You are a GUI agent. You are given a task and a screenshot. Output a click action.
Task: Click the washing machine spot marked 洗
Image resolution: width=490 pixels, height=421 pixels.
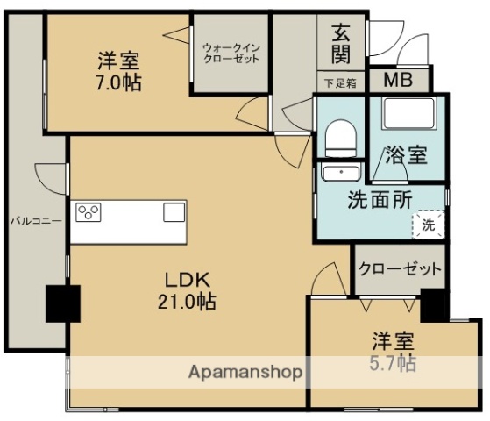[427, 224]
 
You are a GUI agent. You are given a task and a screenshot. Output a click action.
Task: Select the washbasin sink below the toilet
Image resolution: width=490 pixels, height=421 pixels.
[338, 173]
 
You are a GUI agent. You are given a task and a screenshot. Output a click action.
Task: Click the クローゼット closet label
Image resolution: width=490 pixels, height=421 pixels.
[400, 268]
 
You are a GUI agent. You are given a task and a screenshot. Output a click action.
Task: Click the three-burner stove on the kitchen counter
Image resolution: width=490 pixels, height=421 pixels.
[89, 212]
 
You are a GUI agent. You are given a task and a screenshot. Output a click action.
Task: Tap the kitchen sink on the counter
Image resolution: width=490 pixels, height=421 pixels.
[174, 212]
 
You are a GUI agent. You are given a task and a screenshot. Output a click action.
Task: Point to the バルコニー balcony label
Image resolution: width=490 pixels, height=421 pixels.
[35, 221]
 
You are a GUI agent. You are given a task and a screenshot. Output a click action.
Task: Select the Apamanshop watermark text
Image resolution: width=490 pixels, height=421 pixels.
[245, 372]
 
